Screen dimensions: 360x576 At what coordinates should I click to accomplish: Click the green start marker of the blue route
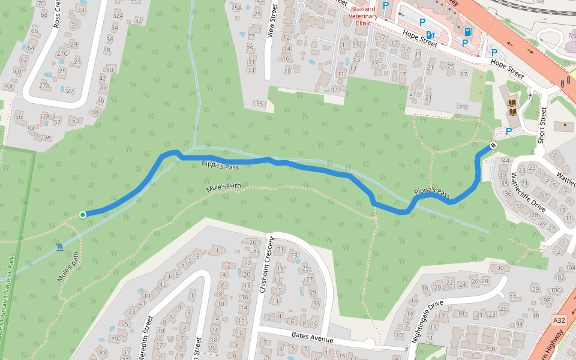(83, 214)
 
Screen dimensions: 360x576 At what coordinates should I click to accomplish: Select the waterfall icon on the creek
(59, 247)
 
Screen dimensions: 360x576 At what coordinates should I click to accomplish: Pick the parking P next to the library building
(509, 131)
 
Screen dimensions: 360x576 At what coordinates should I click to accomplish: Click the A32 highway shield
(559, 321)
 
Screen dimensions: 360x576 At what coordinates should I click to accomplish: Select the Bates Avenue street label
(312, 337)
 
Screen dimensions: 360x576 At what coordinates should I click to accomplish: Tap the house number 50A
(46, 137)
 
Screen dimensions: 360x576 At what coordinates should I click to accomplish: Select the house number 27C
(61, 53)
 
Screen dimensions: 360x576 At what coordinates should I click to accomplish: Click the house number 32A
(118, 16)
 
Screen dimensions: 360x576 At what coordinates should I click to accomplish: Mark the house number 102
(559, 278)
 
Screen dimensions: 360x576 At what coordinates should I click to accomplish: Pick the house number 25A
(236, 8)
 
